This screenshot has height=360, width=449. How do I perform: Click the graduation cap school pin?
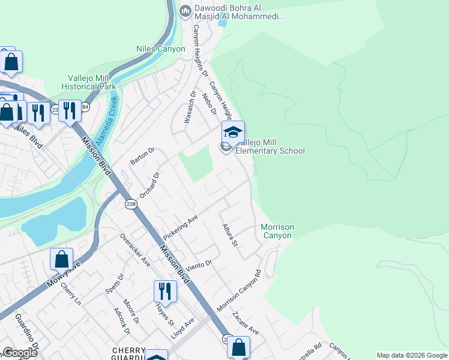point(233,132)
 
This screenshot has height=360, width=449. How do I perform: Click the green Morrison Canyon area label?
point(277,231)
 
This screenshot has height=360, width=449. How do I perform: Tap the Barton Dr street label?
point(142,155)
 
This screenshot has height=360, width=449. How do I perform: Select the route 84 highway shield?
point(85,107)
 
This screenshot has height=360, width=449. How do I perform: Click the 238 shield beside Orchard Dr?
point(131,205)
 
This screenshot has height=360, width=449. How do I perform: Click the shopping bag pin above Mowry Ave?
point(61,259)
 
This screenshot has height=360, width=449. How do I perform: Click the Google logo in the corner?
point(20,353)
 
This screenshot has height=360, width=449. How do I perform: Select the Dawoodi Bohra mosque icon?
point(185,11)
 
